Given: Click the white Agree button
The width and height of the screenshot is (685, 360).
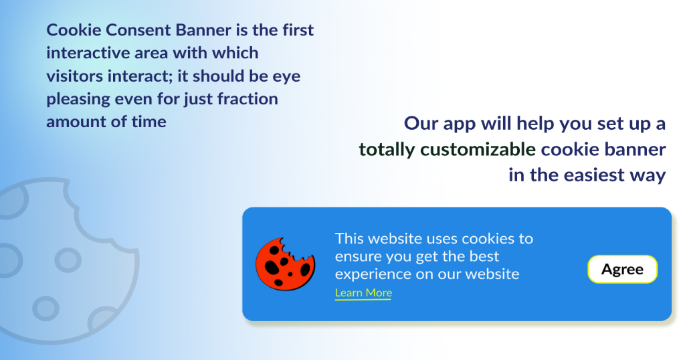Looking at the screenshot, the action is click(x=623, y=269).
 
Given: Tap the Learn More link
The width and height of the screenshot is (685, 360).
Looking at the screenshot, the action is click(x=363, y=292).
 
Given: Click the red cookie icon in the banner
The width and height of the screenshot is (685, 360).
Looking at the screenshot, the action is click(x=285, y=264).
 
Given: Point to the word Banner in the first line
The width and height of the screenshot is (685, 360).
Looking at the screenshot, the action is click(x=203, y=30).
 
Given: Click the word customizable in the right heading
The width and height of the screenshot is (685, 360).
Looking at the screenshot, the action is click(x=478, y=149).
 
